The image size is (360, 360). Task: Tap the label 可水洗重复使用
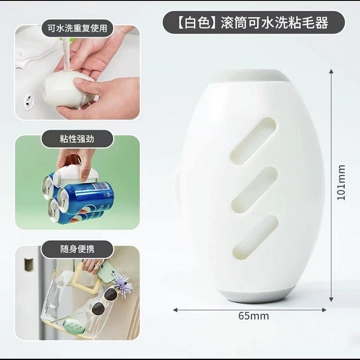tap(77, 28)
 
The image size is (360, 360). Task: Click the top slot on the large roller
tap(254, 140)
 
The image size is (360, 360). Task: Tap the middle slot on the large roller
tap(254, 189)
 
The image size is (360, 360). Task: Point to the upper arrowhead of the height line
tap(332, 72)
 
